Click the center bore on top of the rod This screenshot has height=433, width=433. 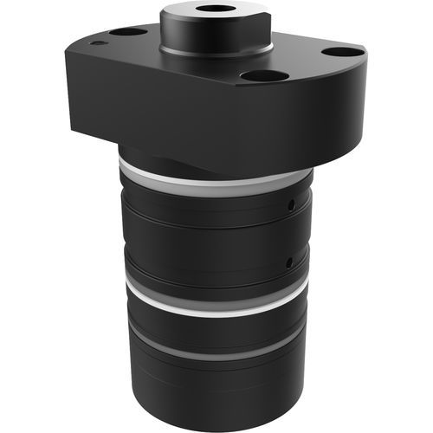pyautogui.click(x=209, y=10)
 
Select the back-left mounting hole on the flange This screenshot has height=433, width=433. pyautogui.click(x=127, y=32)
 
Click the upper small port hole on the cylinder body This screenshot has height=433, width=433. pyautogui.click(x=293, y=205)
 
